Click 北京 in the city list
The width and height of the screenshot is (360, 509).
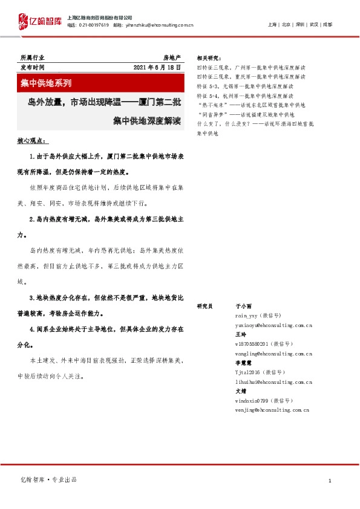[286, 25]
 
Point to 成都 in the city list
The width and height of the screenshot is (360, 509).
[327, 25]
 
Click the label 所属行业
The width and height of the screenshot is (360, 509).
[32, 57]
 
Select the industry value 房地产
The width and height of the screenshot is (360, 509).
[172, 57]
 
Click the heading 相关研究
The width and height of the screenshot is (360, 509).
[209, 58]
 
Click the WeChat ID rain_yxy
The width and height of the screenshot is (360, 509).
[248, 316]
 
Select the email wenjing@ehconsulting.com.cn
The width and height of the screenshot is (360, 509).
[272, 409]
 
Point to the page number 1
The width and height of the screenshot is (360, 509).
[330, 480]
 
